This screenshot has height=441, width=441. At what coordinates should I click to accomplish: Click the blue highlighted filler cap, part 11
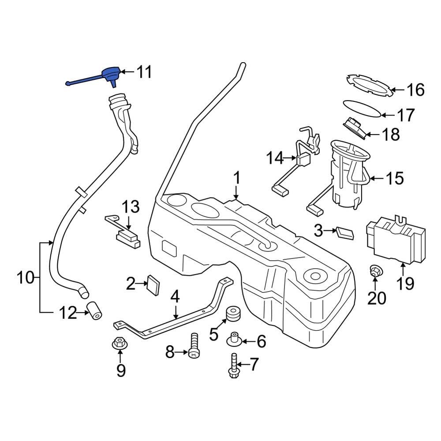[x=110, y=73]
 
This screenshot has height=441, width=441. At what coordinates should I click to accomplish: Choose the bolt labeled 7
[x=233, y=367]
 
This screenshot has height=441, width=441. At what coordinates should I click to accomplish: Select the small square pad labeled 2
[x=153, y=284]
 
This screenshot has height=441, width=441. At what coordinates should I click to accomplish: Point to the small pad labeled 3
[x=345, y=232]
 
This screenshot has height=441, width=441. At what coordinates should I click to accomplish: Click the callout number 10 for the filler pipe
[x=26, y=278]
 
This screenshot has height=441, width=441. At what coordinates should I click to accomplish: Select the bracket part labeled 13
[x=123, y=232]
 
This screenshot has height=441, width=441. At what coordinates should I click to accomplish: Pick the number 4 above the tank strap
[x=175, y=296]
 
